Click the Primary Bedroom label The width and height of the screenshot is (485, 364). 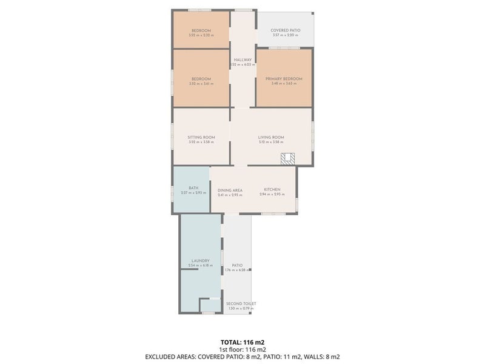(x=283, y=79)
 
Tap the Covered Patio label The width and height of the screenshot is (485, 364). (x=285, y=30)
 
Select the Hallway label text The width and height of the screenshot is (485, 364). (x=242, y=60)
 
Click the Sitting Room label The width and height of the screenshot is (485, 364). (x=201, y=137)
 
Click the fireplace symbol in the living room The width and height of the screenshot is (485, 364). (x=288, y=158)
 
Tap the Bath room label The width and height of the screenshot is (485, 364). (x=193, y=188)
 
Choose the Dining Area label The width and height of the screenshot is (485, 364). (x=230, y=190)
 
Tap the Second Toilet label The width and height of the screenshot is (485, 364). (x=241, y=303)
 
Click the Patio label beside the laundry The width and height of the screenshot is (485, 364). (x=237, y=265)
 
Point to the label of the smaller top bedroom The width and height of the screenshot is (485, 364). (x=201, y=30)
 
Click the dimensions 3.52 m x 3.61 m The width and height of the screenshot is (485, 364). (x=201, y=84)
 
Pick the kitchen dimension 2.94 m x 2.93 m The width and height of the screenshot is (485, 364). (x=271, y=195)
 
